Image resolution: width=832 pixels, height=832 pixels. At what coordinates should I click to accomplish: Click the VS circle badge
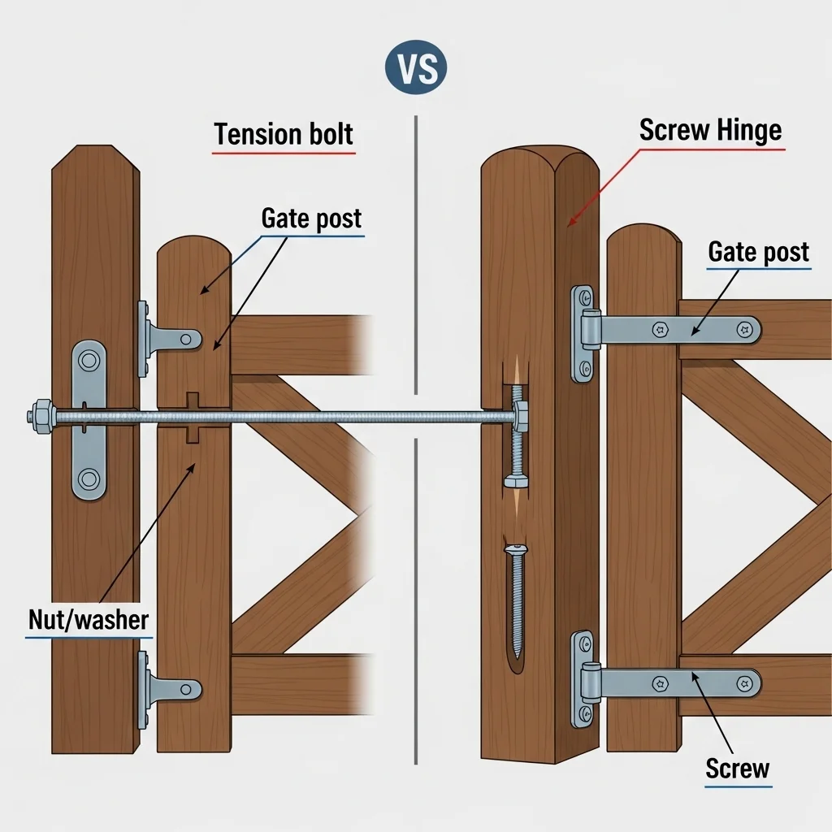coord(416,67)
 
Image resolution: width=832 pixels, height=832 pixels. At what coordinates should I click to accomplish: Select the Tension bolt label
coord(284,134)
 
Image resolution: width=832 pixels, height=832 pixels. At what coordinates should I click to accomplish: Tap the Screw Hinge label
coord(710,130)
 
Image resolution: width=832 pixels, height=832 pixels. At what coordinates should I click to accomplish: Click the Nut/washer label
coord(89,620)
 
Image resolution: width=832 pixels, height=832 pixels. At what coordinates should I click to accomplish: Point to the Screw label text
coord(738,768)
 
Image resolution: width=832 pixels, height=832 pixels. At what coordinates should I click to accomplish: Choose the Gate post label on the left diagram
coord(311,219)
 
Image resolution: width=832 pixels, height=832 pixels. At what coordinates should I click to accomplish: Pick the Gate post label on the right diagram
coord(759,252)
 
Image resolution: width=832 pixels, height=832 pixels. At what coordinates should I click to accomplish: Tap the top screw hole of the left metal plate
coord(89,361)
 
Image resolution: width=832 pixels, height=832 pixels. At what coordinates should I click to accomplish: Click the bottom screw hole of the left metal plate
coord(89,479)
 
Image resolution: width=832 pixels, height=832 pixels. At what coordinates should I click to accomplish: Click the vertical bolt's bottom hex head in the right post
coord(516,481)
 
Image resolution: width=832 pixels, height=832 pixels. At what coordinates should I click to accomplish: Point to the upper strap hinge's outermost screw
coord(744,330)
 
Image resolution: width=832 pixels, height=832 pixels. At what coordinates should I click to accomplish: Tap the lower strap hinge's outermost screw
coord(745,684)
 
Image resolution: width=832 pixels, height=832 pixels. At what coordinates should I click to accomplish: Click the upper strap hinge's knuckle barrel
coord(590,330)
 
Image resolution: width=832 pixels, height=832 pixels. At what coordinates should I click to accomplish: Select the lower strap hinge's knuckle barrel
coord(590,684)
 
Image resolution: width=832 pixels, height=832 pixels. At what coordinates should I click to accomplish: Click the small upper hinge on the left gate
coord(167,339)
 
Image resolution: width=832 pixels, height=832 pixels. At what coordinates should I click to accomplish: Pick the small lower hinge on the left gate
coord(167,690)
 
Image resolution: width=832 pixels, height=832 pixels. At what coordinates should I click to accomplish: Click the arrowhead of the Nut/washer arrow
coord(192,468)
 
